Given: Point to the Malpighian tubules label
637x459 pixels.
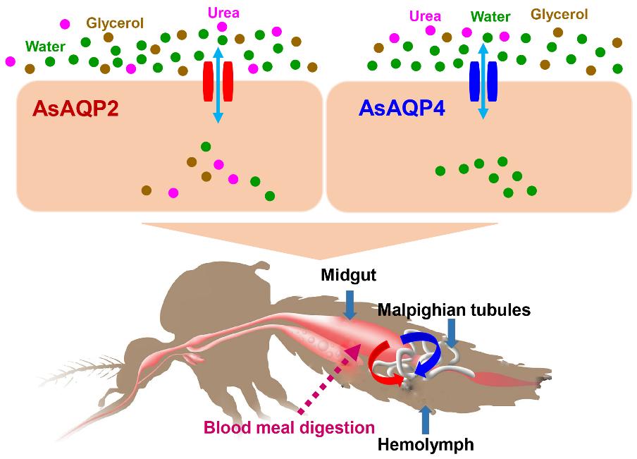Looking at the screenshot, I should [x=453, y=310].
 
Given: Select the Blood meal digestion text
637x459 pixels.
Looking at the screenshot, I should [x=288, y=427].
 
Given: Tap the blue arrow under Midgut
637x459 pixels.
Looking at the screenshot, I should [x=350, y=307].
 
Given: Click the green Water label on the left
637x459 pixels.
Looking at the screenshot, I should [x=45, y=48].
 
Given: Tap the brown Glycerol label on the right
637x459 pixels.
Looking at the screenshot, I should [x=559, y=14].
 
